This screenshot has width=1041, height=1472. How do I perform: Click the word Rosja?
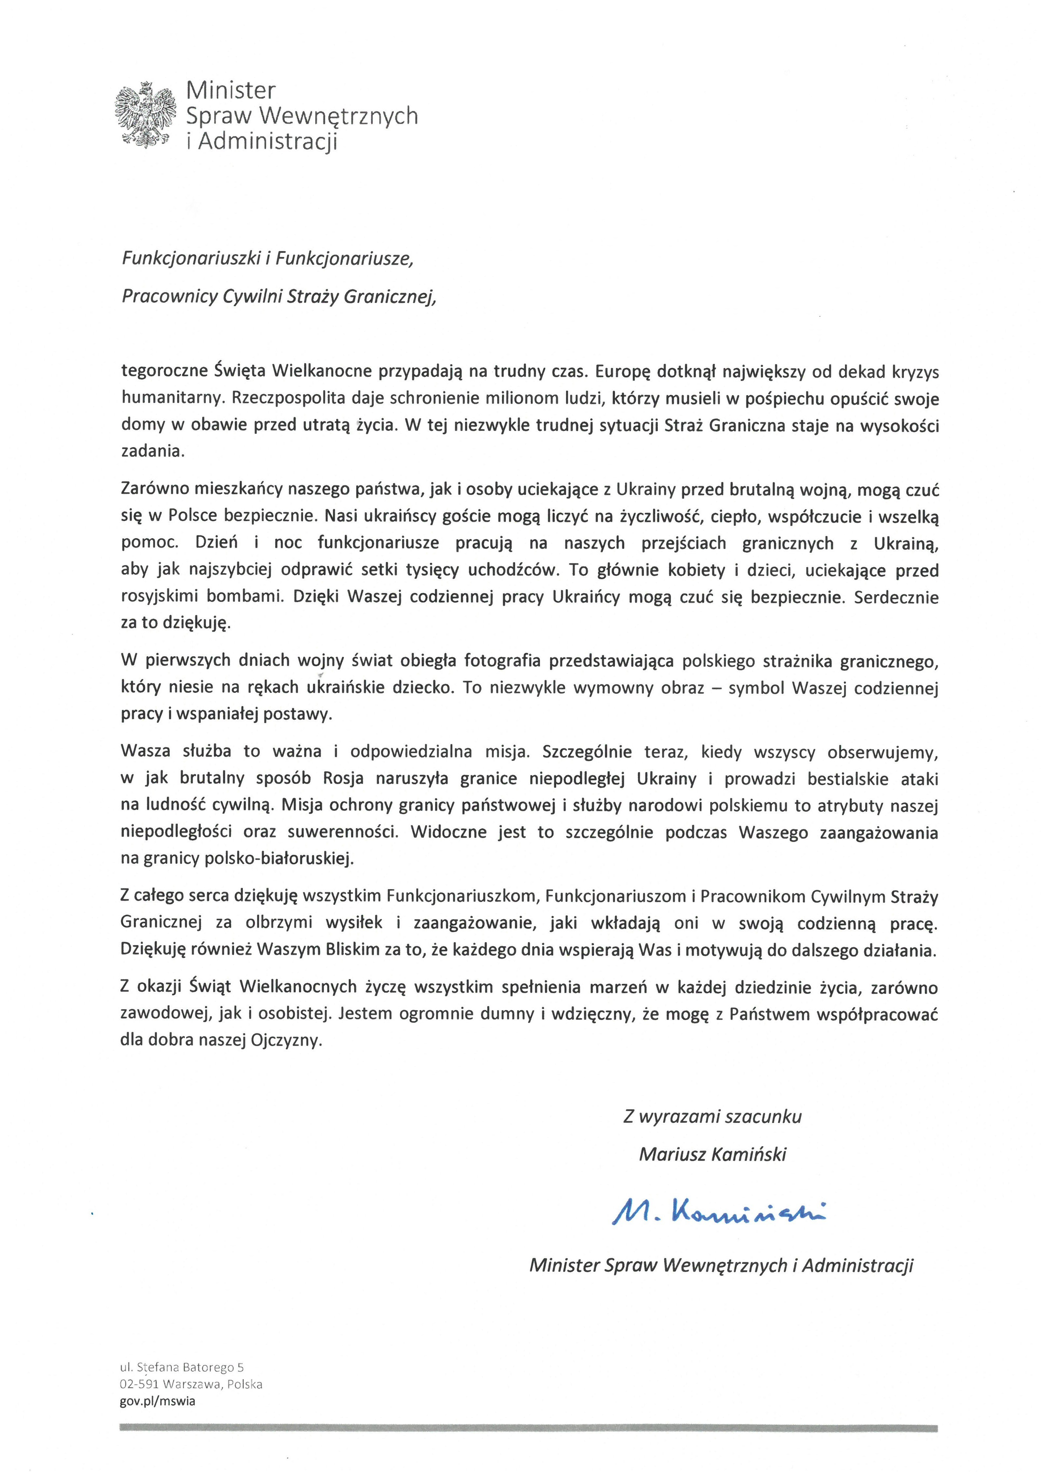click(x=343, y=779)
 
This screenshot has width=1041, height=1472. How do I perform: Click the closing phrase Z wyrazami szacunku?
click(x=712, y=1117)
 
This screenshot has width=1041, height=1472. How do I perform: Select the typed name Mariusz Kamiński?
click(x=712, y=1155)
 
